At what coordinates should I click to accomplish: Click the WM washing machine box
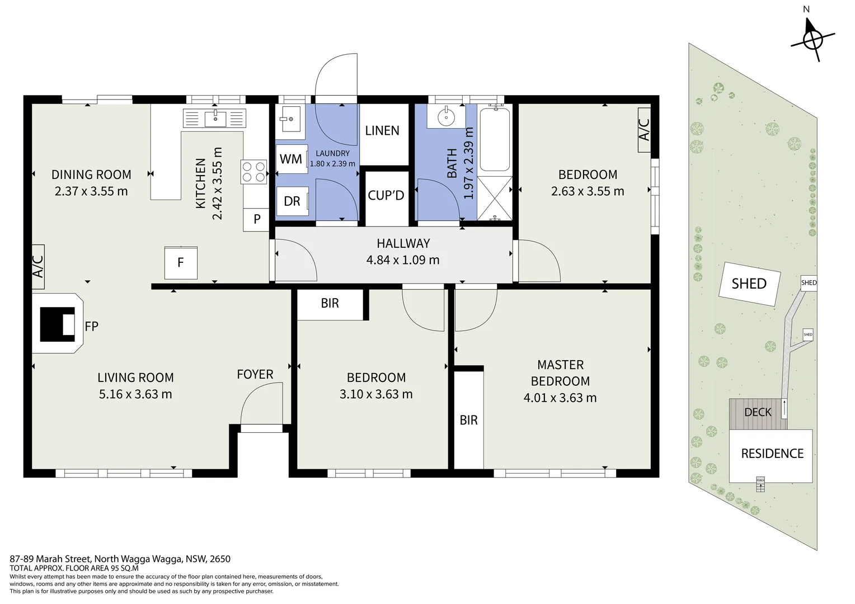[292, 159]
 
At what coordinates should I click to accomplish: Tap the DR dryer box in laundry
[293, 201]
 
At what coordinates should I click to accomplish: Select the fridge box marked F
[181, 263]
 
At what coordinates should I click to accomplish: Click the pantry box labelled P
[256, 219]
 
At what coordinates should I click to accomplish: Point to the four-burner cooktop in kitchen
[254, 172]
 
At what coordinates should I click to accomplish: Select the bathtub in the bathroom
[495, 140]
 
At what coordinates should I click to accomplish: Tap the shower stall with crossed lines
[495, 198]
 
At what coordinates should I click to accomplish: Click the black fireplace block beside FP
[57, 324]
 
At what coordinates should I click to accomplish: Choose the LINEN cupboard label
[382, 131]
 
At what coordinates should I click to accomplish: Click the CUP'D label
[386, 195]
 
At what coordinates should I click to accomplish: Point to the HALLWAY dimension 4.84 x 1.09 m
[403, 260]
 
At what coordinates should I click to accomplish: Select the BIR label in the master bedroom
[469, 420]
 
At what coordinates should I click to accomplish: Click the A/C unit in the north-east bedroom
[644, 130]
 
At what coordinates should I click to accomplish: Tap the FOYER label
[255, 374]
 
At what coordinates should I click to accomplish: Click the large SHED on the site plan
[749, 284]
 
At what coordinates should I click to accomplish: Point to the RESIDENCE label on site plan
[773, 454]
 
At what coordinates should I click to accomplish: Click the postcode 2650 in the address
[220, 559]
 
